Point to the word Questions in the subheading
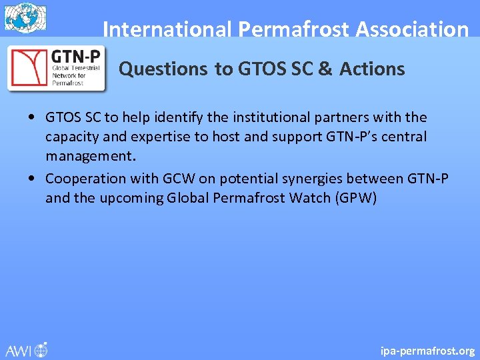click(x=163, y=69)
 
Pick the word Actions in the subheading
click(x=372, y=69)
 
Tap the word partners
click(x=347, y=117)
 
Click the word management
click(x=91, y=156)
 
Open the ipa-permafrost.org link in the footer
click(x=427, y=350)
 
